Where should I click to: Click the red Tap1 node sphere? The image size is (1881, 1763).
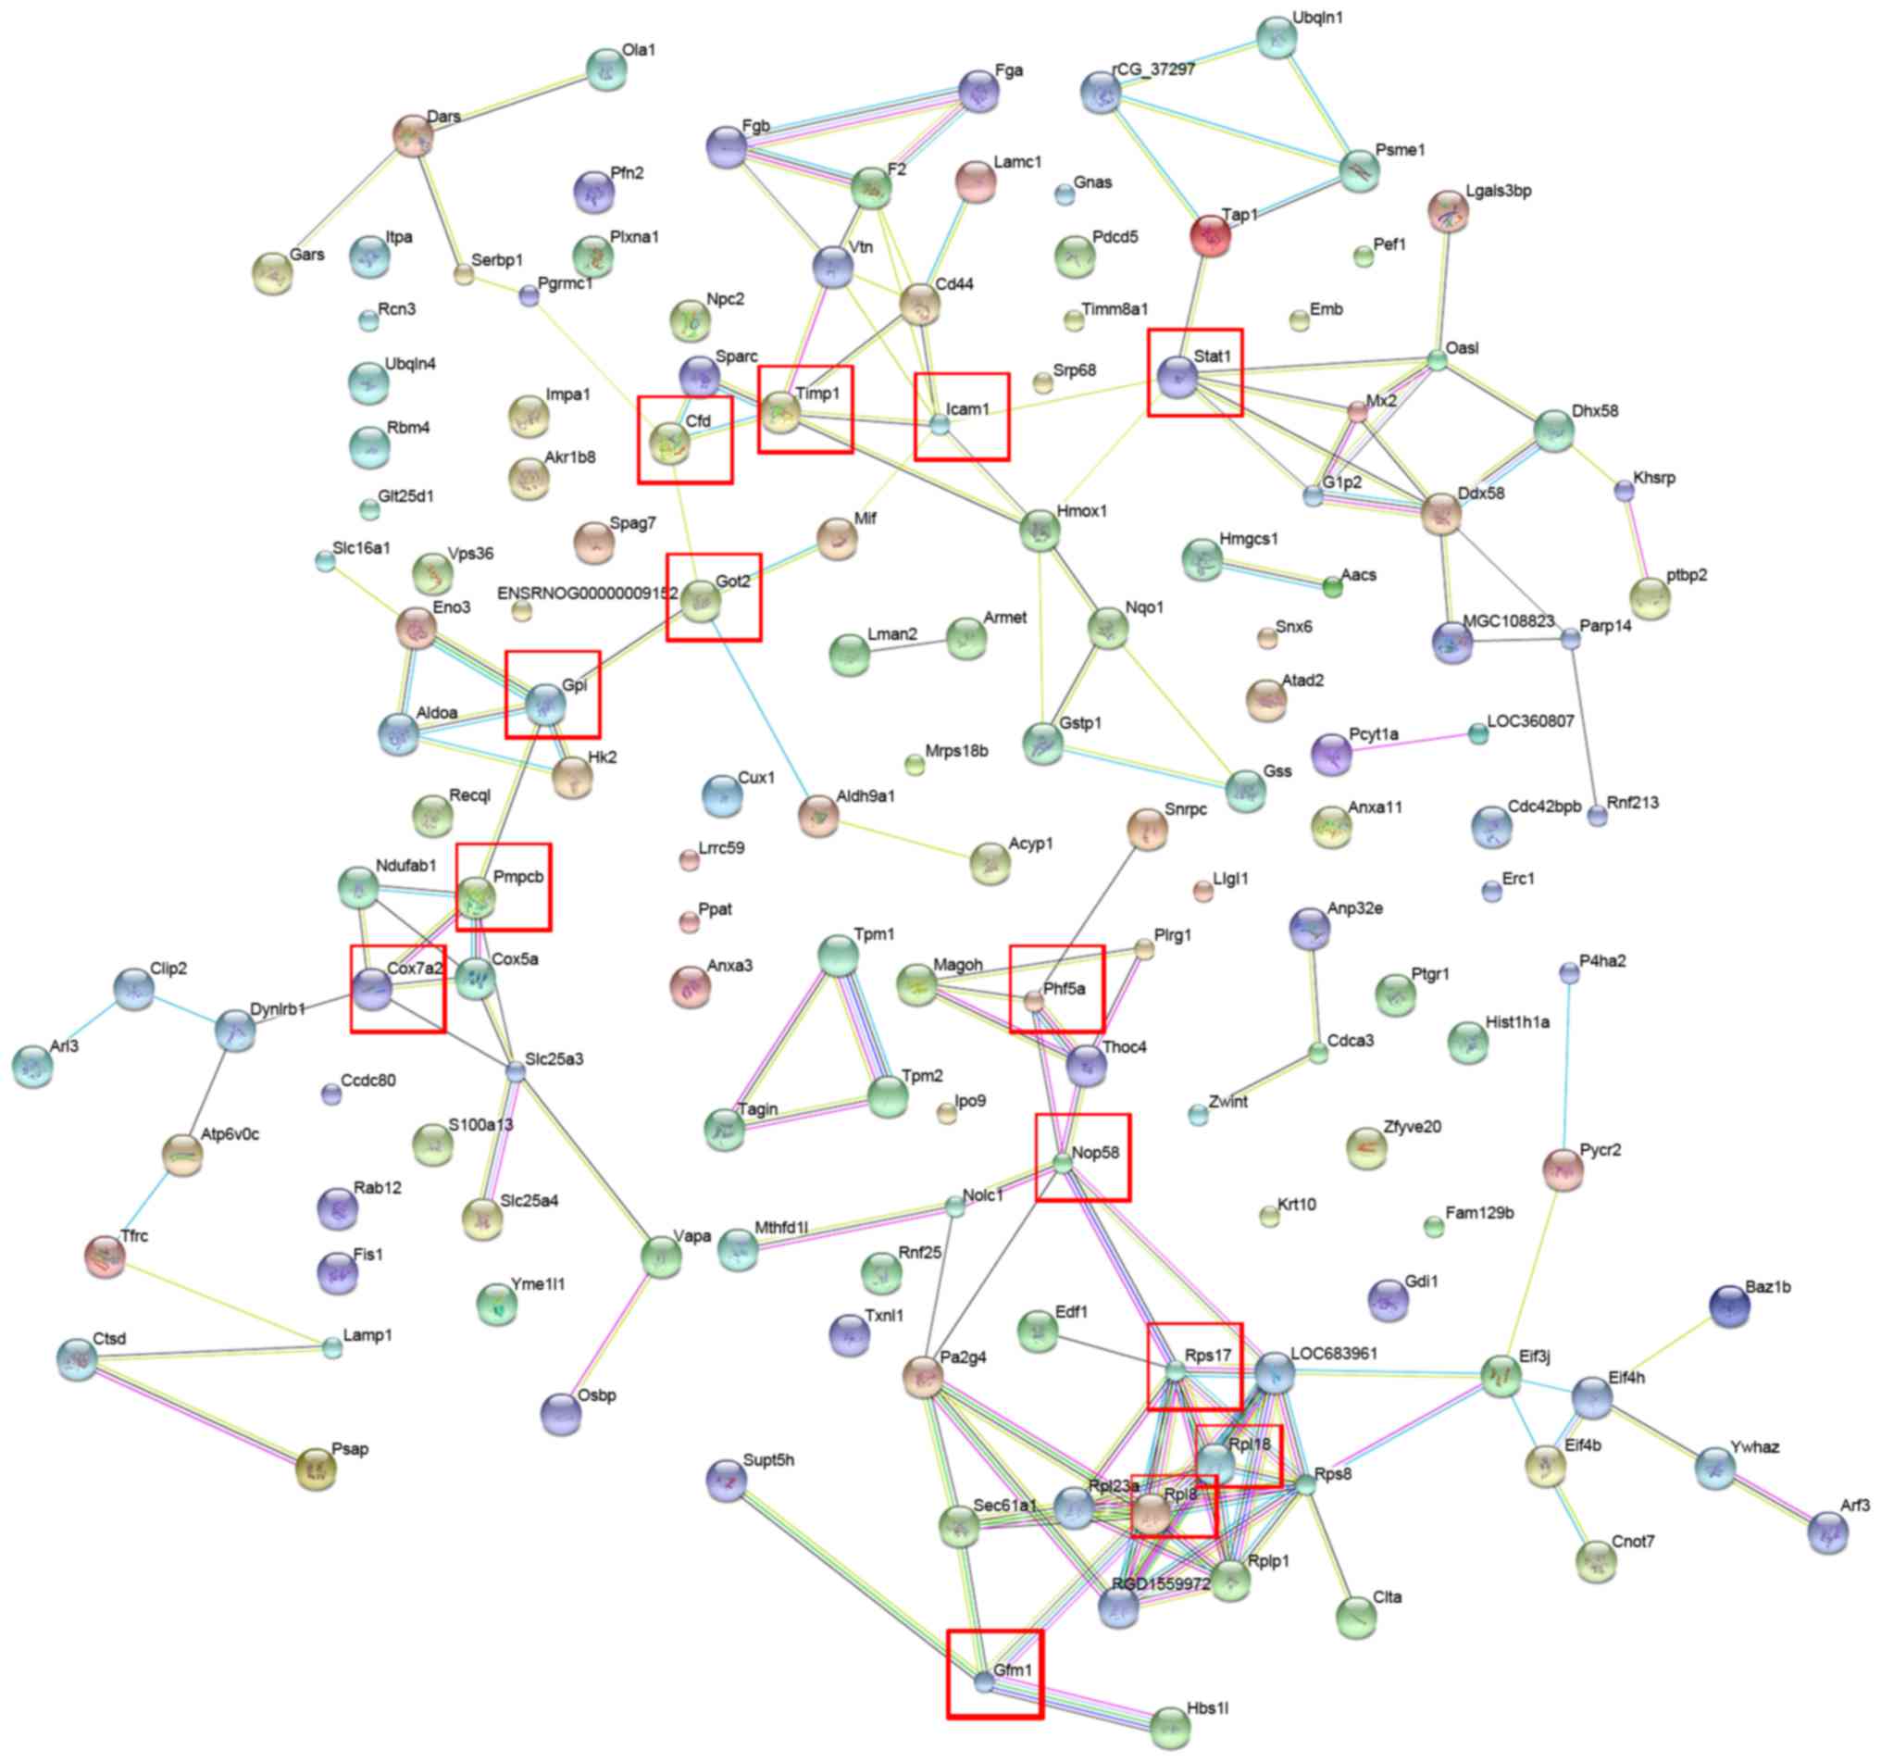click(1210, 235)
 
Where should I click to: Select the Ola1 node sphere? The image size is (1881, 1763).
click(606, 69)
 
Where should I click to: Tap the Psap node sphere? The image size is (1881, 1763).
click(316, 1468)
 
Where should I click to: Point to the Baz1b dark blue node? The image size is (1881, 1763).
click(1729, 1307)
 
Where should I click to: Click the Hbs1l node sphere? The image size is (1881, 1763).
click(1171, 1728)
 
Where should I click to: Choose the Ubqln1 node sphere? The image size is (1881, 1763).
click(1277, 37)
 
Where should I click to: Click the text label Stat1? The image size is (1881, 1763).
click(1212, 356)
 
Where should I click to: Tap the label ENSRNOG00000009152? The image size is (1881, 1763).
click(587, 594)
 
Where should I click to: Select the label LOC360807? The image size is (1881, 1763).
click(1530, 721)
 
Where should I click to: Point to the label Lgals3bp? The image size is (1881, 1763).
click(1498, 190)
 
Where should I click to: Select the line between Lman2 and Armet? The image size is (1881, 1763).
click(908, 644)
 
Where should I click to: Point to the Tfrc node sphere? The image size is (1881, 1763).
click(105, 1256)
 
